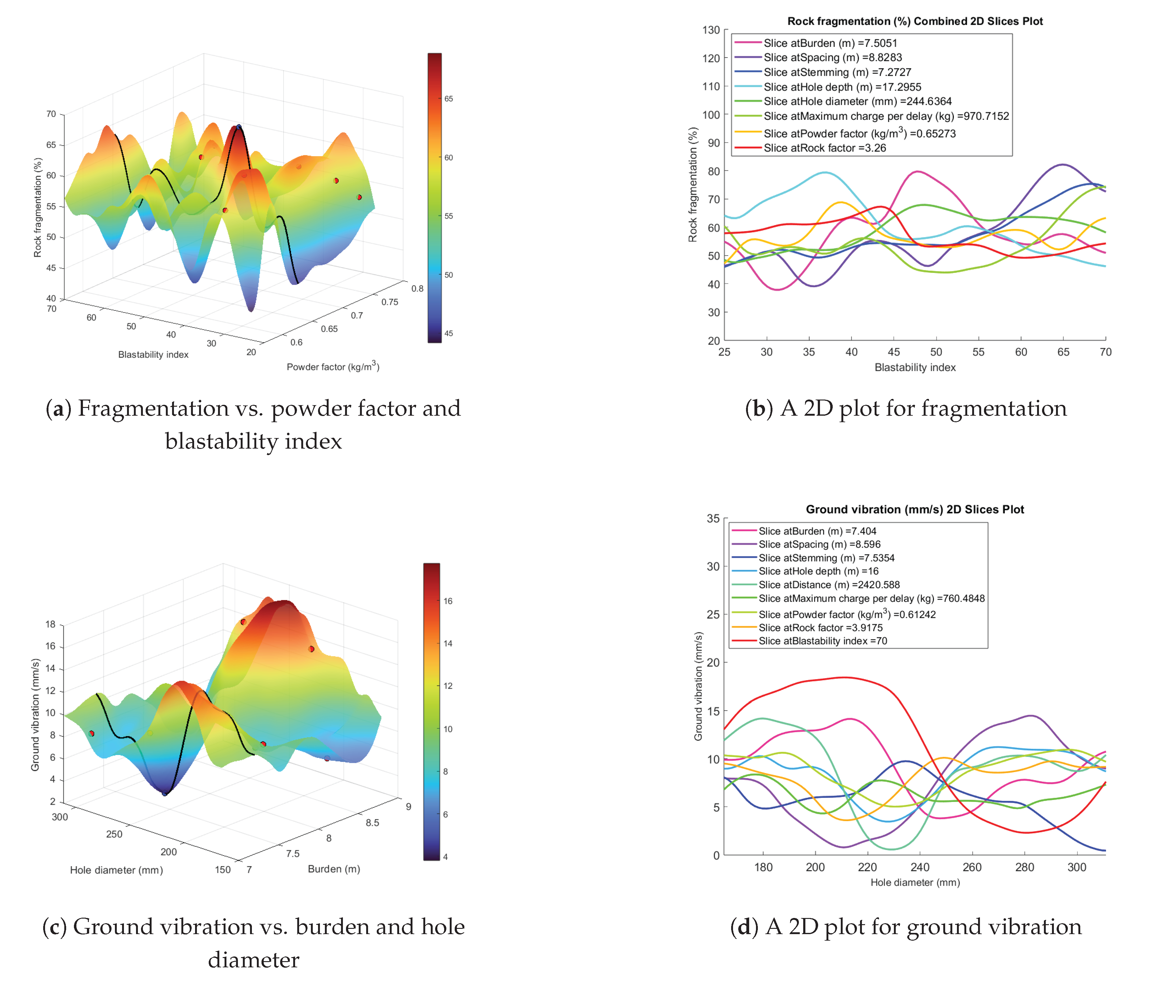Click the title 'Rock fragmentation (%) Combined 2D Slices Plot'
pyautogui.click(x=915, y=21)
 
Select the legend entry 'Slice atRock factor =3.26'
pyautogui.click(x=825, y=148)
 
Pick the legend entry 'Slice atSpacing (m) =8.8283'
pyautogui.click(x=832, y=57)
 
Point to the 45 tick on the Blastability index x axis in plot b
pyautogui.click(x=894, y=352)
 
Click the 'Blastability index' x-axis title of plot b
pyautogui.click(x=915, y=367)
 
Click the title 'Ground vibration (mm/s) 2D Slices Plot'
pyautogui.click(x=915, y=509)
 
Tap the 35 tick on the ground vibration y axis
pyautogui.click(x=713, y=518)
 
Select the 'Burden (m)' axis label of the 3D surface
pyautogui.click(x=334, y=869)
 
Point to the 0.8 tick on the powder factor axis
pyautogui.click(x=417, y=288)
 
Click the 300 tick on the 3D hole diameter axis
pyautogui.click(x=60, y=816)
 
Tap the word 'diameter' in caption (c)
pyautogui.click(x=253, y=959)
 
